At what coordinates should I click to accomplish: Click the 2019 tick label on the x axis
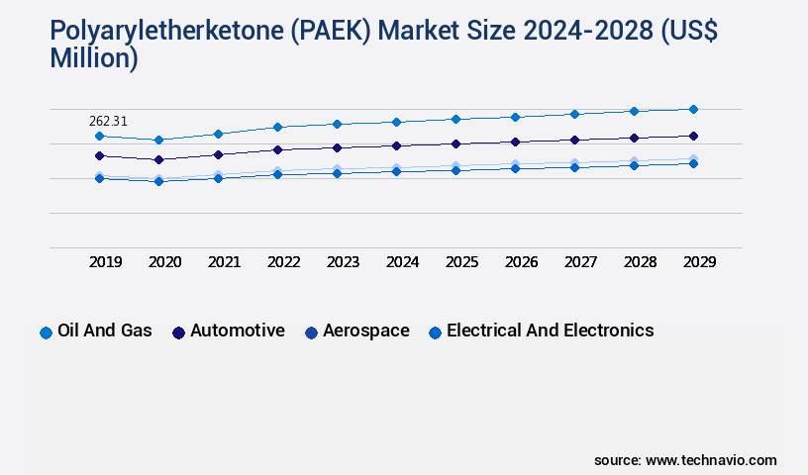pos(106,262)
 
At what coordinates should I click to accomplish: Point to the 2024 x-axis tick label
pos(403,262)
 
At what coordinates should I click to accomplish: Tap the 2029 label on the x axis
pos(699,262)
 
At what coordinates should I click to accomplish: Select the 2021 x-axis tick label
pos(225,262)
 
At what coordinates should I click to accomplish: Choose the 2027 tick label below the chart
pos(580,262)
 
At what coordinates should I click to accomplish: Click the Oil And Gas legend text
pos(106,331)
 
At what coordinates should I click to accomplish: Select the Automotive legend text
pos(238,331)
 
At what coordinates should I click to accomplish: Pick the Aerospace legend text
pos(365,331)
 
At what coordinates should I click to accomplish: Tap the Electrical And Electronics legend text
pos(551,331)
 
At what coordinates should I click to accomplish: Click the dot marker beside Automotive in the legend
pos(178,332)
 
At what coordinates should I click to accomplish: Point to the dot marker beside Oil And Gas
pos(46,332)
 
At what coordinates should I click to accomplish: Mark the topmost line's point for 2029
pos(693,109)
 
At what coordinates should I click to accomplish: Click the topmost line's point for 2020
pos(158,140)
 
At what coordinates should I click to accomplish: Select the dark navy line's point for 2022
pos(277,149)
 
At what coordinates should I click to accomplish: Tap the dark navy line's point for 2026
pos(515,142)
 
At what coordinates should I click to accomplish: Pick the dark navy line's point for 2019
pos(99,155)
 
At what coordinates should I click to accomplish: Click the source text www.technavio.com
pos(711,460)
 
